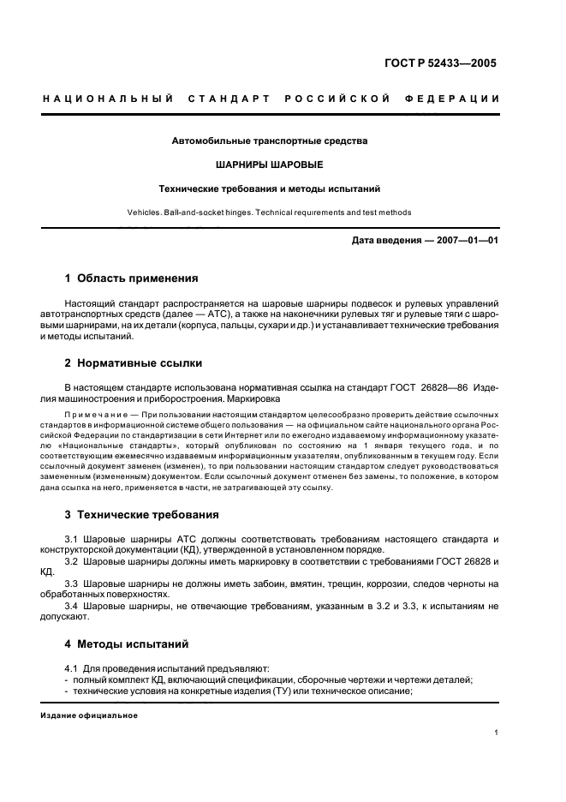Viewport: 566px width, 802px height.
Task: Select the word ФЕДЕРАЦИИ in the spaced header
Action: pyautogui.click(x=458, y=99)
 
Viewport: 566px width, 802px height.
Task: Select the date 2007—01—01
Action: pyautogui.click(x=458, y=240)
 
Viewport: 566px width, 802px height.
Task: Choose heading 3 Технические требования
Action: pyautogui.click(x=141, y=515)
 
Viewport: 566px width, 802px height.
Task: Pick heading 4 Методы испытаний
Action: pyautogui.click(x=127, y=643)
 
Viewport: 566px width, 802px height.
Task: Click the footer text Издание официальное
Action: pyautogui.click(x=88, y=715)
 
